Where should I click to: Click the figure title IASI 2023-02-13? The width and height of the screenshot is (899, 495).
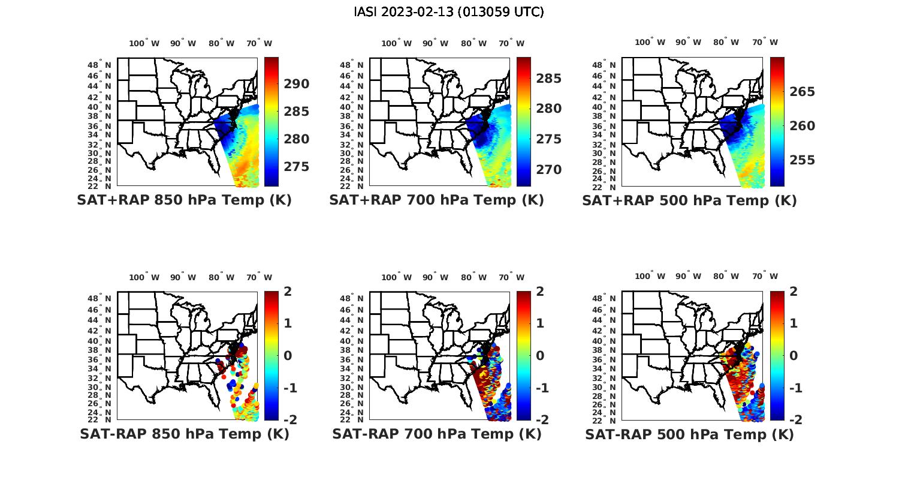(x=449, y=12)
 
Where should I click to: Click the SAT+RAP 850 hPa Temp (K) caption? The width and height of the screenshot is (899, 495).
(x=184, y=200)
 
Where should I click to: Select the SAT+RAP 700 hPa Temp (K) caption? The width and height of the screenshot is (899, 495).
(x=436, y=200)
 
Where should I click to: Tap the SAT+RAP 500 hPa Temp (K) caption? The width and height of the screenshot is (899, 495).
(x=689, y=200)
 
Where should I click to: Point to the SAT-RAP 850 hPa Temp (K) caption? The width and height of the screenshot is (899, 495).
(x=184, y=434)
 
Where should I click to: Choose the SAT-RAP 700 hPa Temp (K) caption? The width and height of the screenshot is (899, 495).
(x=436, y=434)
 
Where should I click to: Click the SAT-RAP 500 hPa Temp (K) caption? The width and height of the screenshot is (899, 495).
(x=689, y=434)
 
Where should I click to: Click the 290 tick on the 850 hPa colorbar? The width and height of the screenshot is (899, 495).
(x=297, y=84)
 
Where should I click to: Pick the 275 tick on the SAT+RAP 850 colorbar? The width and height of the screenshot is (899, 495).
(x=297, y=167)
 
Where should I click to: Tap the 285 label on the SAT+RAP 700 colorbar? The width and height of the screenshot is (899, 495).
(x=549, y=79)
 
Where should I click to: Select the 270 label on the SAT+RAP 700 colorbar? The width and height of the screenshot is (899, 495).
(x=549, y=170)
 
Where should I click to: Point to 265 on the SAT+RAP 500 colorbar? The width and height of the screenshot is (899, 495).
(x=802, y=92)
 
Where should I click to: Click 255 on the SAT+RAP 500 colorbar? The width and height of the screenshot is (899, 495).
(x=802, y=160)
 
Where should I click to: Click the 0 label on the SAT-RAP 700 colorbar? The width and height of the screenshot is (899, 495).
(x=540, y=355)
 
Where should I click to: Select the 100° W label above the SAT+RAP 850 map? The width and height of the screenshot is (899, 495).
(x=144, y=43)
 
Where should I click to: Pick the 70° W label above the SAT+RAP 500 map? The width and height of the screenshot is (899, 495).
(x=765, y=42)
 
